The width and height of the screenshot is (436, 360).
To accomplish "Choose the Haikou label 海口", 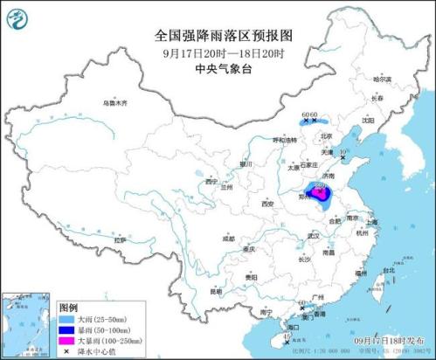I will pyautogui.click(x=293, y=327).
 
